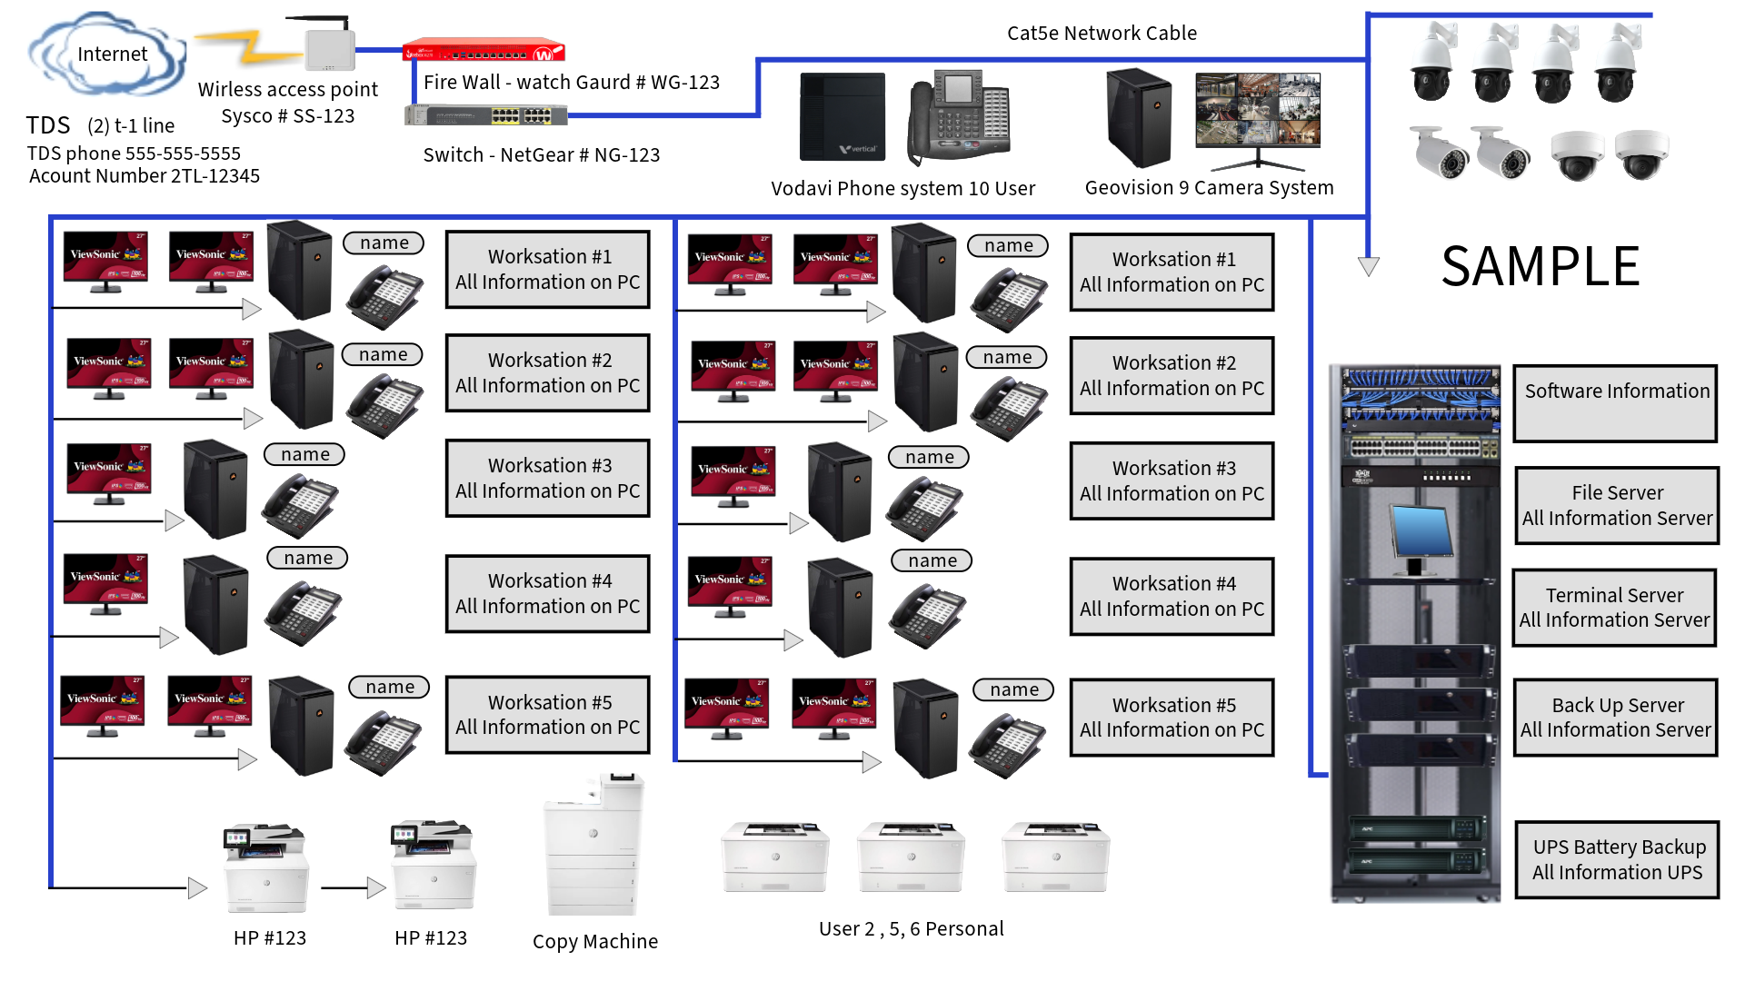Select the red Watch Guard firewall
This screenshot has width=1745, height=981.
(x=484, y=51)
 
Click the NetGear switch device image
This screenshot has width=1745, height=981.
(x=486, y=115)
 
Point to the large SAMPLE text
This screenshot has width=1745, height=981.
(x=1541, y=267)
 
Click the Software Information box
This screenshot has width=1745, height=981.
(x=1615, y=403)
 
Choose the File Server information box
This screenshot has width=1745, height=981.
(x=1617, y=506)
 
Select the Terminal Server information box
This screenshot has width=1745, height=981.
(x=1614, y=608)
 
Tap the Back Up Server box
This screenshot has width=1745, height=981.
(x=1616, y=718)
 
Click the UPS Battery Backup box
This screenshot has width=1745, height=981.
(x=1617, y=860)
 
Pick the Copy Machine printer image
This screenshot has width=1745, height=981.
(x=593, y=845)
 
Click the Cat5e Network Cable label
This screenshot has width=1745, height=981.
(x=1102, y=34)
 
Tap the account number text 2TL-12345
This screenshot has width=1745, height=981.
(x=214, y=176)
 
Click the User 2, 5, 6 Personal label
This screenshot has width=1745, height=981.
(x=911, y=929)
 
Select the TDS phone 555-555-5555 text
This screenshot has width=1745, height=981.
(x=134, y=154)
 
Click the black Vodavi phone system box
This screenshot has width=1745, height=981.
(x=842, y=116)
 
